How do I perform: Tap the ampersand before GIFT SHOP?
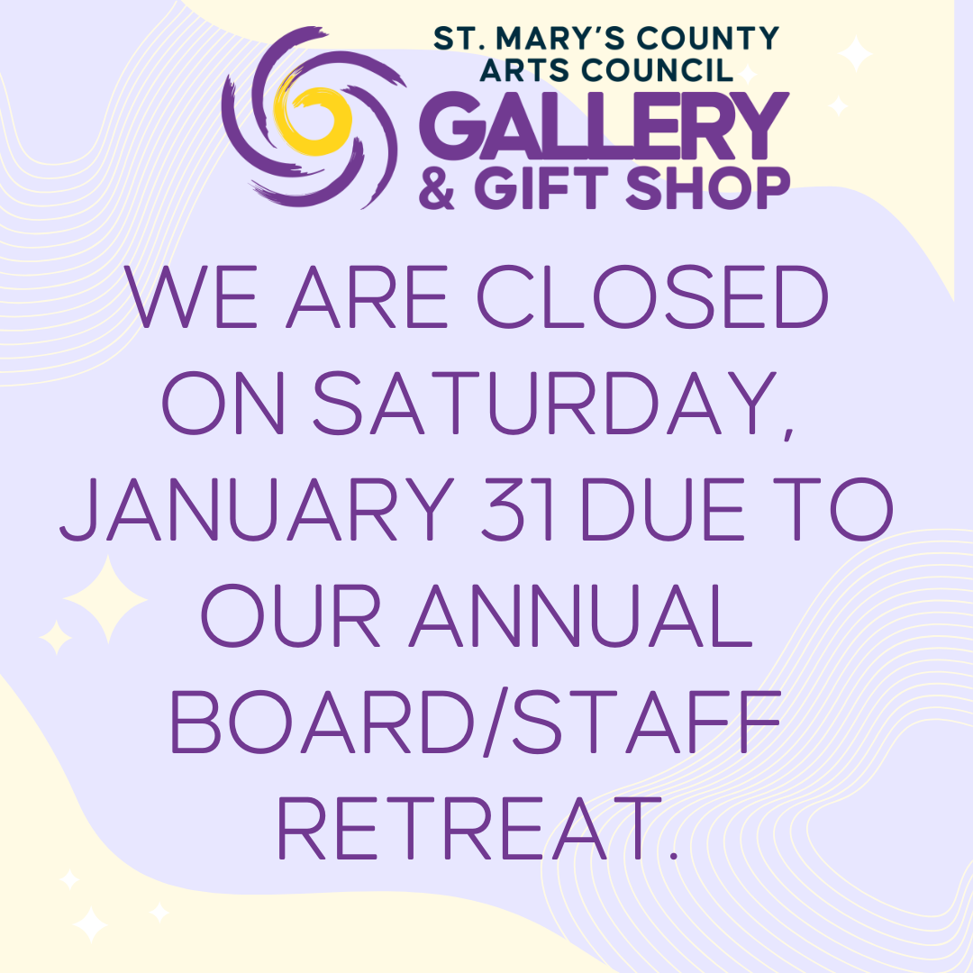(x=438, y=189)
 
